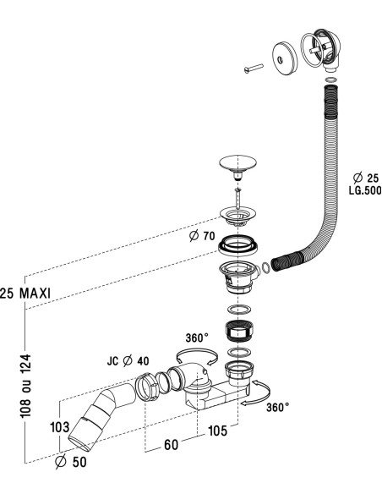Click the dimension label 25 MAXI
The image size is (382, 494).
click(x=25, y=294)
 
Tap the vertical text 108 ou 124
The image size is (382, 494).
click(x=25, y=387)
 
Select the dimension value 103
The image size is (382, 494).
click(x=59, y=427)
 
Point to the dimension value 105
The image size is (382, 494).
click(x=217, y=431)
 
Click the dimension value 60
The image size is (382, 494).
click(x=172, y=445)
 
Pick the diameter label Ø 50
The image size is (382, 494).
click(x=70, y=462)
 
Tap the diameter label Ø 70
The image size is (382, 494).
click(x=202, y=236)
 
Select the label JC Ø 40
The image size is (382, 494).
click(x=128, y=360)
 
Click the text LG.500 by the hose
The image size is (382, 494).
click(x=365, y=190)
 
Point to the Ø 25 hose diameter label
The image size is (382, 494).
click(x=366, y=178)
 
